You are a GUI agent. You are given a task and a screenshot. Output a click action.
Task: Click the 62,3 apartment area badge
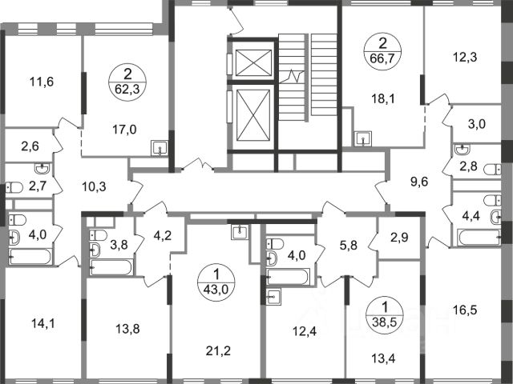127,82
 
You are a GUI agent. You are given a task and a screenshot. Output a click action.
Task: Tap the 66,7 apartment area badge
383,52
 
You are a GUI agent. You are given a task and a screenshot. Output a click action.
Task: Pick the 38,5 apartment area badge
385,314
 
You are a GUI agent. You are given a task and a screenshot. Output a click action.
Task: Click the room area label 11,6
42,82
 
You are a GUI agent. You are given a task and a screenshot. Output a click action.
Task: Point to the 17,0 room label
124,130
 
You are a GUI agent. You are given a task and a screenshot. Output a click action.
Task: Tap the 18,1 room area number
383,98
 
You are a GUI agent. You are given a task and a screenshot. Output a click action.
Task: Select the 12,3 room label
465,57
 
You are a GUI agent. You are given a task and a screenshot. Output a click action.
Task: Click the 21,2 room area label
218,351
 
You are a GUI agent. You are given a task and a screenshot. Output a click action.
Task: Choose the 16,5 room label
465,310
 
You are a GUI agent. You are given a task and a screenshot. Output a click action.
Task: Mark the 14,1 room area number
43,323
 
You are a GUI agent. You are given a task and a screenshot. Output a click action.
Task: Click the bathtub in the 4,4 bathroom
479,238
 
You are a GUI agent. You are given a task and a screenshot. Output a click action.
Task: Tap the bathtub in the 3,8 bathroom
112,267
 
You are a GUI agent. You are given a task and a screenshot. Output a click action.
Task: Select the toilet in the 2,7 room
14,187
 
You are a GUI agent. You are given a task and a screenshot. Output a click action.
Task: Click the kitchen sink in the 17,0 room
160,148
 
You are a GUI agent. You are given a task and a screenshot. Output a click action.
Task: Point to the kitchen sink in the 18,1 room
363,138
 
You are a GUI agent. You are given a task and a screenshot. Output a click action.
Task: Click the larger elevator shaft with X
253,115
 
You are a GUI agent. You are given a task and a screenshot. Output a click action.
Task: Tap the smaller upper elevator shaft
253,62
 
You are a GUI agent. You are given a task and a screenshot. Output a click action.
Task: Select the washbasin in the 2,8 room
463,150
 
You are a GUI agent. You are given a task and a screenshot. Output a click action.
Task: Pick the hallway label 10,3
95,187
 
